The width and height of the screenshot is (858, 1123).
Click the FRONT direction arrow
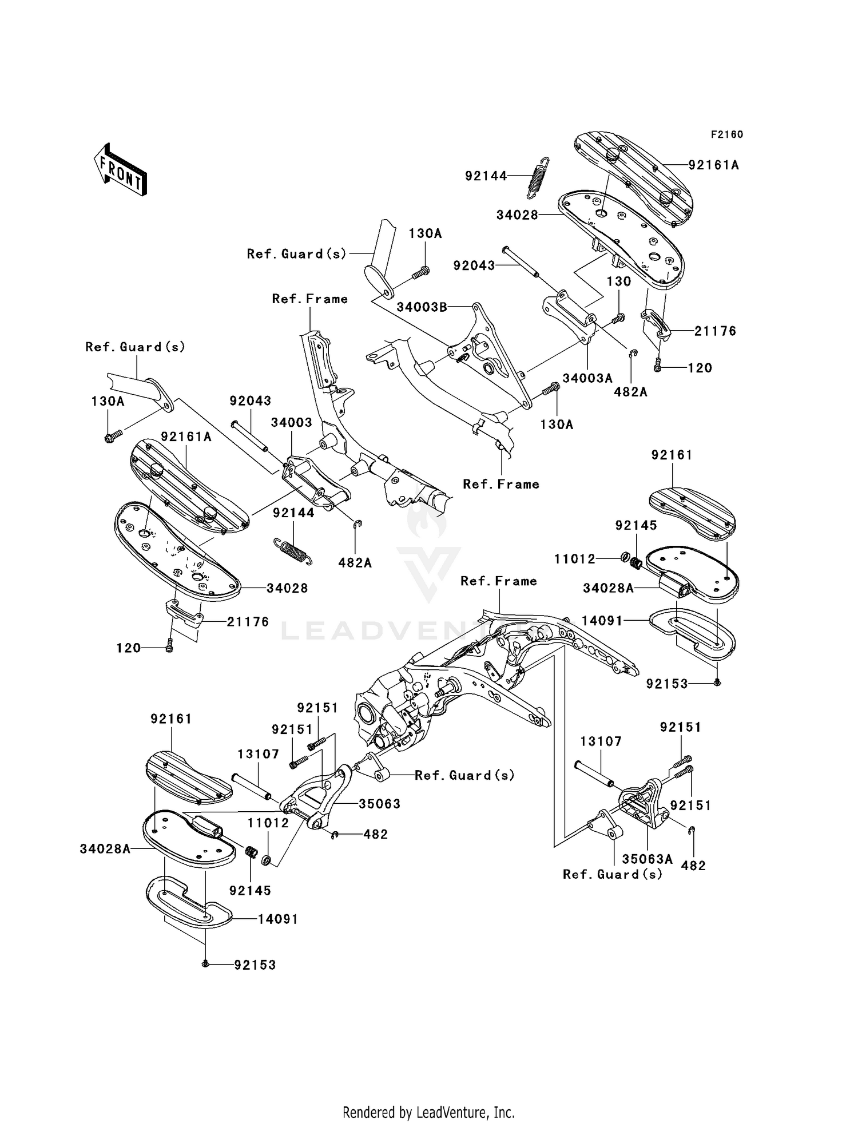pos(121,170)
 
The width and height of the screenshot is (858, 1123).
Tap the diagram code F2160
pos(726,134)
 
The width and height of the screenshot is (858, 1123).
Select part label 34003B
pos(422,307)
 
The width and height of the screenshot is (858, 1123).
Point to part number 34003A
pos(587,378)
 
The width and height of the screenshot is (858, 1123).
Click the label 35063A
pos(647,859)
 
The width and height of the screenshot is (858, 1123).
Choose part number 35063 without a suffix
pos(379,804)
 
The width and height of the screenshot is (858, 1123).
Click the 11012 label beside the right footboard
pos(575,559)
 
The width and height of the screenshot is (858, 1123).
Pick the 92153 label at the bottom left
pos(255,965)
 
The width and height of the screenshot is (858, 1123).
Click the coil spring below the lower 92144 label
pos(293,551)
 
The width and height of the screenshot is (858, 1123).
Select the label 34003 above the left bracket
pos(291,422)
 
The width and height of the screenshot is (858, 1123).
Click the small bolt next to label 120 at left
pos(169,647)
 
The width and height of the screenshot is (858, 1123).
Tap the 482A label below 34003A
pos(630,392)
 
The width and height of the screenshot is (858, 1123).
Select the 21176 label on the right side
pos(715,331)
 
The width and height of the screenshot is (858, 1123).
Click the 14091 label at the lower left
pos(277,919)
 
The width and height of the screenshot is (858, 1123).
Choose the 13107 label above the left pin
pos(258,754)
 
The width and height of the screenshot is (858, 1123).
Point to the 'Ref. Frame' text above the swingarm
pos(499,581)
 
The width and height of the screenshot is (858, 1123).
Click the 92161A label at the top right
pos(713,165)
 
